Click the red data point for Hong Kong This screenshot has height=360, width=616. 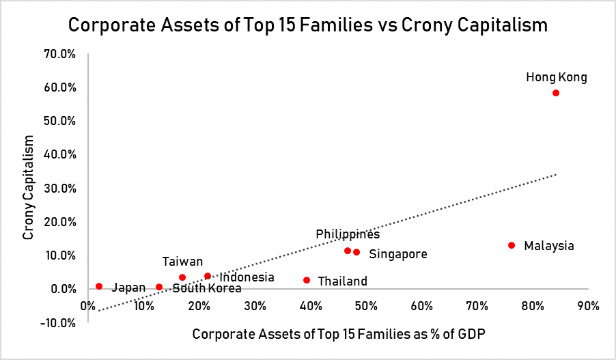556,93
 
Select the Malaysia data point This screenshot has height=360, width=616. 512,245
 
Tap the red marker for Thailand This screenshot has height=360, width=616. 307,280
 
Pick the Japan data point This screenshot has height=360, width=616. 99,286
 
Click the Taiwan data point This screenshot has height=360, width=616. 182,277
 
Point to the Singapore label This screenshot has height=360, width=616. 398,254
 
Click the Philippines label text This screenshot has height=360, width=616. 348,234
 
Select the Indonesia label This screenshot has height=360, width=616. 247,277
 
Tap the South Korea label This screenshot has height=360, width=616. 207,288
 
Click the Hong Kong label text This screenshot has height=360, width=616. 556,77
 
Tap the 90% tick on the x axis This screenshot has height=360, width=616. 588,305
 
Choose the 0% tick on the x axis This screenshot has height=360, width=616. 87,305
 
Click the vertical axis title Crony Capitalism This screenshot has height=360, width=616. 29,188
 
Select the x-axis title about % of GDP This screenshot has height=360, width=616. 338,335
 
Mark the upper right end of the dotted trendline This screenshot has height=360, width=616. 556,174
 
